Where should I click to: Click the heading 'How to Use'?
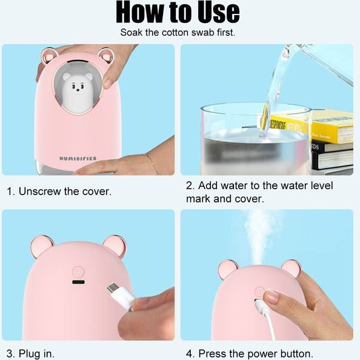coord(178,12)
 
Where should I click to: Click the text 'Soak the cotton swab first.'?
coord(178,33)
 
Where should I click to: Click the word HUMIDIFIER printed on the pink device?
coord(78,158)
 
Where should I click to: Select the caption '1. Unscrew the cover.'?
coord(59,192)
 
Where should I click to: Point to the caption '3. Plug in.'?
coord(31,353)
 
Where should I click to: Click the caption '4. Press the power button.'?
coord(250,353)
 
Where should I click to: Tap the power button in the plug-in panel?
coord(78,272)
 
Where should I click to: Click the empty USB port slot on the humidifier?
coord(78,282)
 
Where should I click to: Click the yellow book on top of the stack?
coord(331,126)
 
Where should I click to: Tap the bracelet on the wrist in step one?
coord(152,164)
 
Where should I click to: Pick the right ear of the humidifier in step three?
coord(115,246)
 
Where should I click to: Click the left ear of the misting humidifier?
coord(228,269)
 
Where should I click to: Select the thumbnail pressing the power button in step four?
coord(272,296)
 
